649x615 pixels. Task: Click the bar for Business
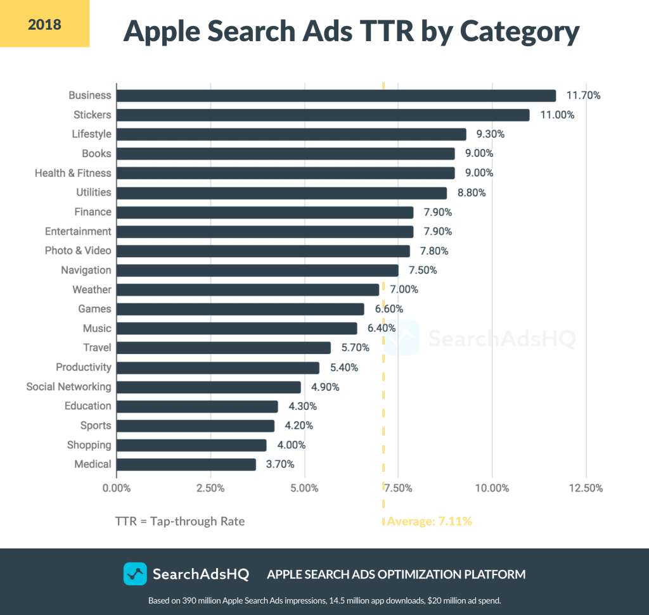click(x=336, y=96)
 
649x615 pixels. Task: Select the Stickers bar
click(x=323, y=115)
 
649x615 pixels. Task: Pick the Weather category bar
click(x=247, y=289)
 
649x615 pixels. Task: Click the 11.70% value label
click(x=583, y=96)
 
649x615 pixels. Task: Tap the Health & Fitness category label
click(x=73, y=173)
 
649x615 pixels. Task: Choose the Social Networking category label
click(x=68, y=386)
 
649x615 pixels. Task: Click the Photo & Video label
click(x=78, y=251)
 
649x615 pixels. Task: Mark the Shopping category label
click(x=89, y=445)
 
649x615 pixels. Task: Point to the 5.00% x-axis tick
click(x=304, y=488)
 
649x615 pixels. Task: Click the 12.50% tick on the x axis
click(x=586, y=488)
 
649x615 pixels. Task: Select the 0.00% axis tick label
click(x=117, y=488)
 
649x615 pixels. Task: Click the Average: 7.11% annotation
click(x=429, y=522)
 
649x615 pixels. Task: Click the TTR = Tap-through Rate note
click(x=179, y=522)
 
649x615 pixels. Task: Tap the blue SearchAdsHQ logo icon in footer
click(x=135, y=574)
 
